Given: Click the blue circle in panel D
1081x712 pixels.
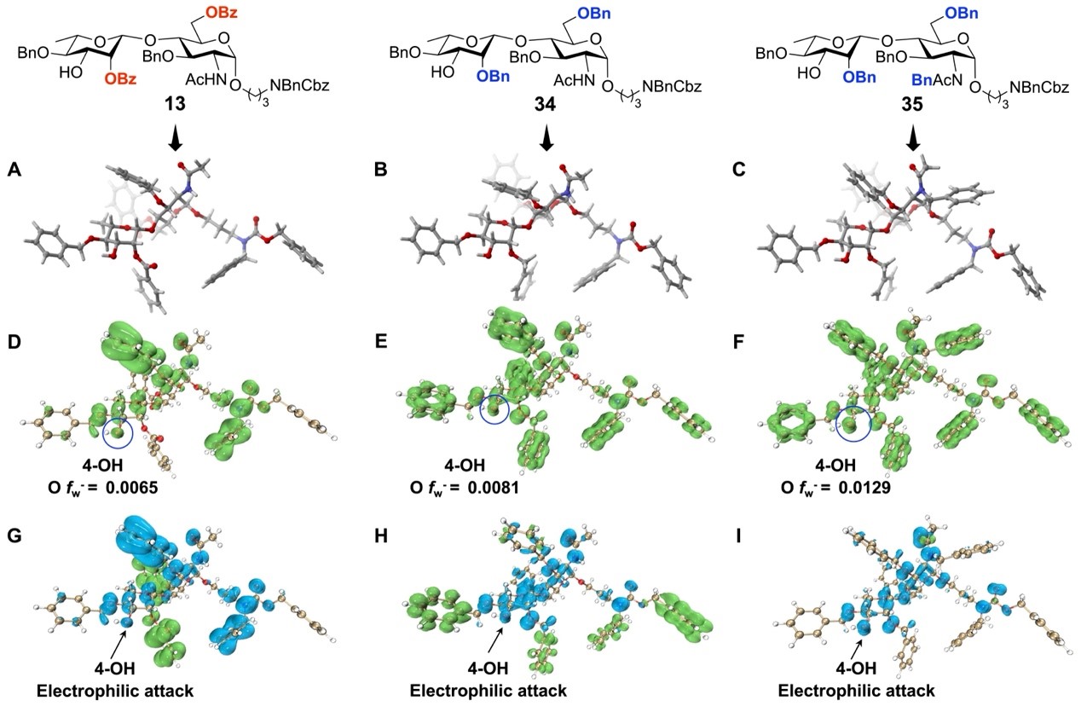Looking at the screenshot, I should click(x=118, y=434).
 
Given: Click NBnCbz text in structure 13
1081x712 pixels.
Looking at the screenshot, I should click(x=291, y=85).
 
